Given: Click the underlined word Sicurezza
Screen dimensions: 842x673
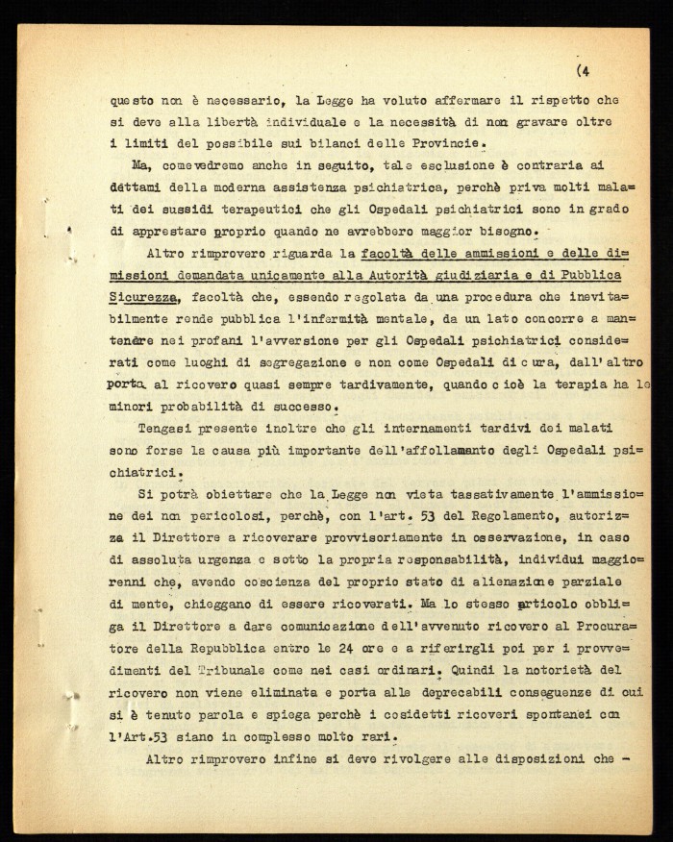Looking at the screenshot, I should point(144,297).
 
